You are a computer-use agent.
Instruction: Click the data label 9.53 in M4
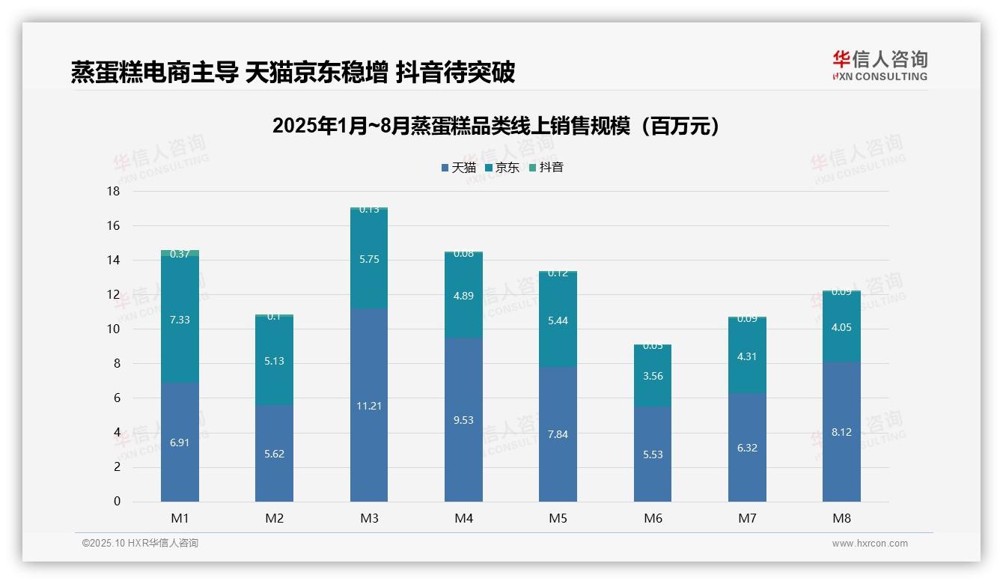[x=463, y=420]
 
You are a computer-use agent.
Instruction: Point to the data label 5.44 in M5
[x=558, y=320]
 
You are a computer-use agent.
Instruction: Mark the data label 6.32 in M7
[x=747, y=448]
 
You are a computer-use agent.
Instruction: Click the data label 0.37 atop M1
[x=180, y=254]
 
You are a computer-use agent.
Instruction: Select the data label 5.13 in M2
[x=274, y=361]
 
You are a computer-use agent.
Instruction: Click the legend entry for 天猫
[x=459, y=168]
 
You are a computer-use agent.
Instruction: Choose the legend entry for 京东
[x=502, y=168]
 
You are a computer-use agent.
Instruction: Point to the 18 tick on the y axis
[x=113, y=191]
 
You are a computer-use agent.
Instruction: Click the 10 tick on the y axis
[x=113, y=329]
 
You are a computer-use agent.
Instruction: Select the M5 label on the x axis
[x=558, y=518]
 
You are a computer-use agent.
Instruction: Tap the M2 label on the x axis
[x=274, y=518]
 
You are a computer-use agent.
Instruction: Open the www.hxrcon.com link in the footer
[x=870, y=544]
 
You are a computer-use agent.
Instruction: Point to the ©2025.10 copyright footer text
[x=140, y=543]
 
